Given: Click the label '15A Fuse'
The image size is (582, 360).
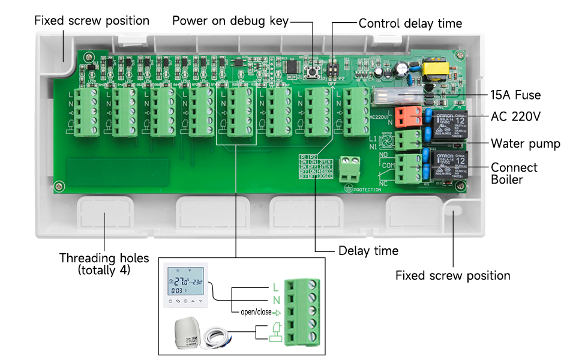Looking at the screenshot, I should pyautogui.click(x=516, y=95).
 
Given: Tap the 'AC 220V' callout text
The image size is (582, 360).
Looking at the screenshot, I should pyautogui.click(x=516, y=116).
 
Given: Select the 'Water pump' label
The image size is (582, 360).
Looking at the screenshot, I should pyautogui.click(x=525, y=143).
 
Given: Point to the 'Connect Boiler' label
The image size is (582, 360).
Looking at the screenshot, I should pyautogui.click(x=514, y=173).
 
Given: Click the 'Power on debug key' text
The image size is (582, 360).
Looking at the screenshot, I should pyautogui.click(x=230, y=21).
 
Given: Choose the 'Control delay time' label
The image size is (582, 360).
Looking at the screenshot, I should pyautogui.click(x=410, y=23).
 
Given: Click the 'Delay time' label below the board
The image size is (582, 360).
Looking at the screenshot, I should pyautogui.click(x=368, y=250).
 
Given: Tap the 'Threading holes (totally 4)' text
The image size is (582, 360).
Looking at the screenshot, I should pyautogui.click(x=104, y=264).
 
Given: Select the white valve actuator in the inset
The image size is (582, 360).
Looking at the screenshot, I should pyautogui.click(x=190, y=333).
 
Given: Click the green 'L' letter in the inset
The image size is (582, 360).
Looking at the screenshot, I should pyautogui.click(x=275, y=287).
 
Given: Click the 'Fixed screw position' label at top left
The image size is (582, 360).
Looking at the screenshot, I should pyautogui.click(x=92, y=20).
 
